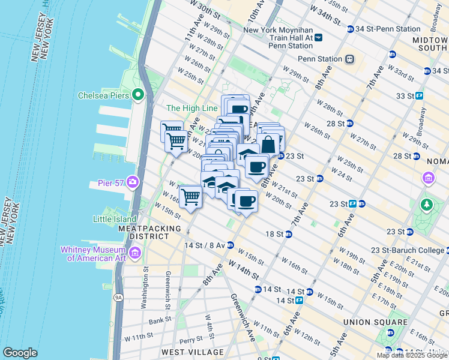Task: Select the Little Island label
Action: click(x=115, y=219)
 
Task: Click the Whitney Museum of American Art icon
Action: click(x=135, y=254)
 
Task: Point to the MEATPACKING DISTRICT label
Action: click(x=149, y=232)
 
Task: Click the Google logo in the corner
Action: click(x=20, y=352)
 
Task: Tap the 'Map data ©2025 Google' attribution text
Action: click(x=412, y=355)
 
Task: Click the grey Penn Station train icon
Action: click(x=349, y=59)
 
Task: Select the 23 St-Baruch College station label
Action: click(x=408, y=250)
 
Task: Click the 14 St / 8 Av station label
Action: click(x=204, y=245)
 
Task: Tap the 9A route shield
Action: click(x=118, y=297)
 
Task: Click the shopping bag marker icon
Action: click(x=268, y=144)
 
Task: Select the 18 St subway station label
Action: click(x=276, y=233)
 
